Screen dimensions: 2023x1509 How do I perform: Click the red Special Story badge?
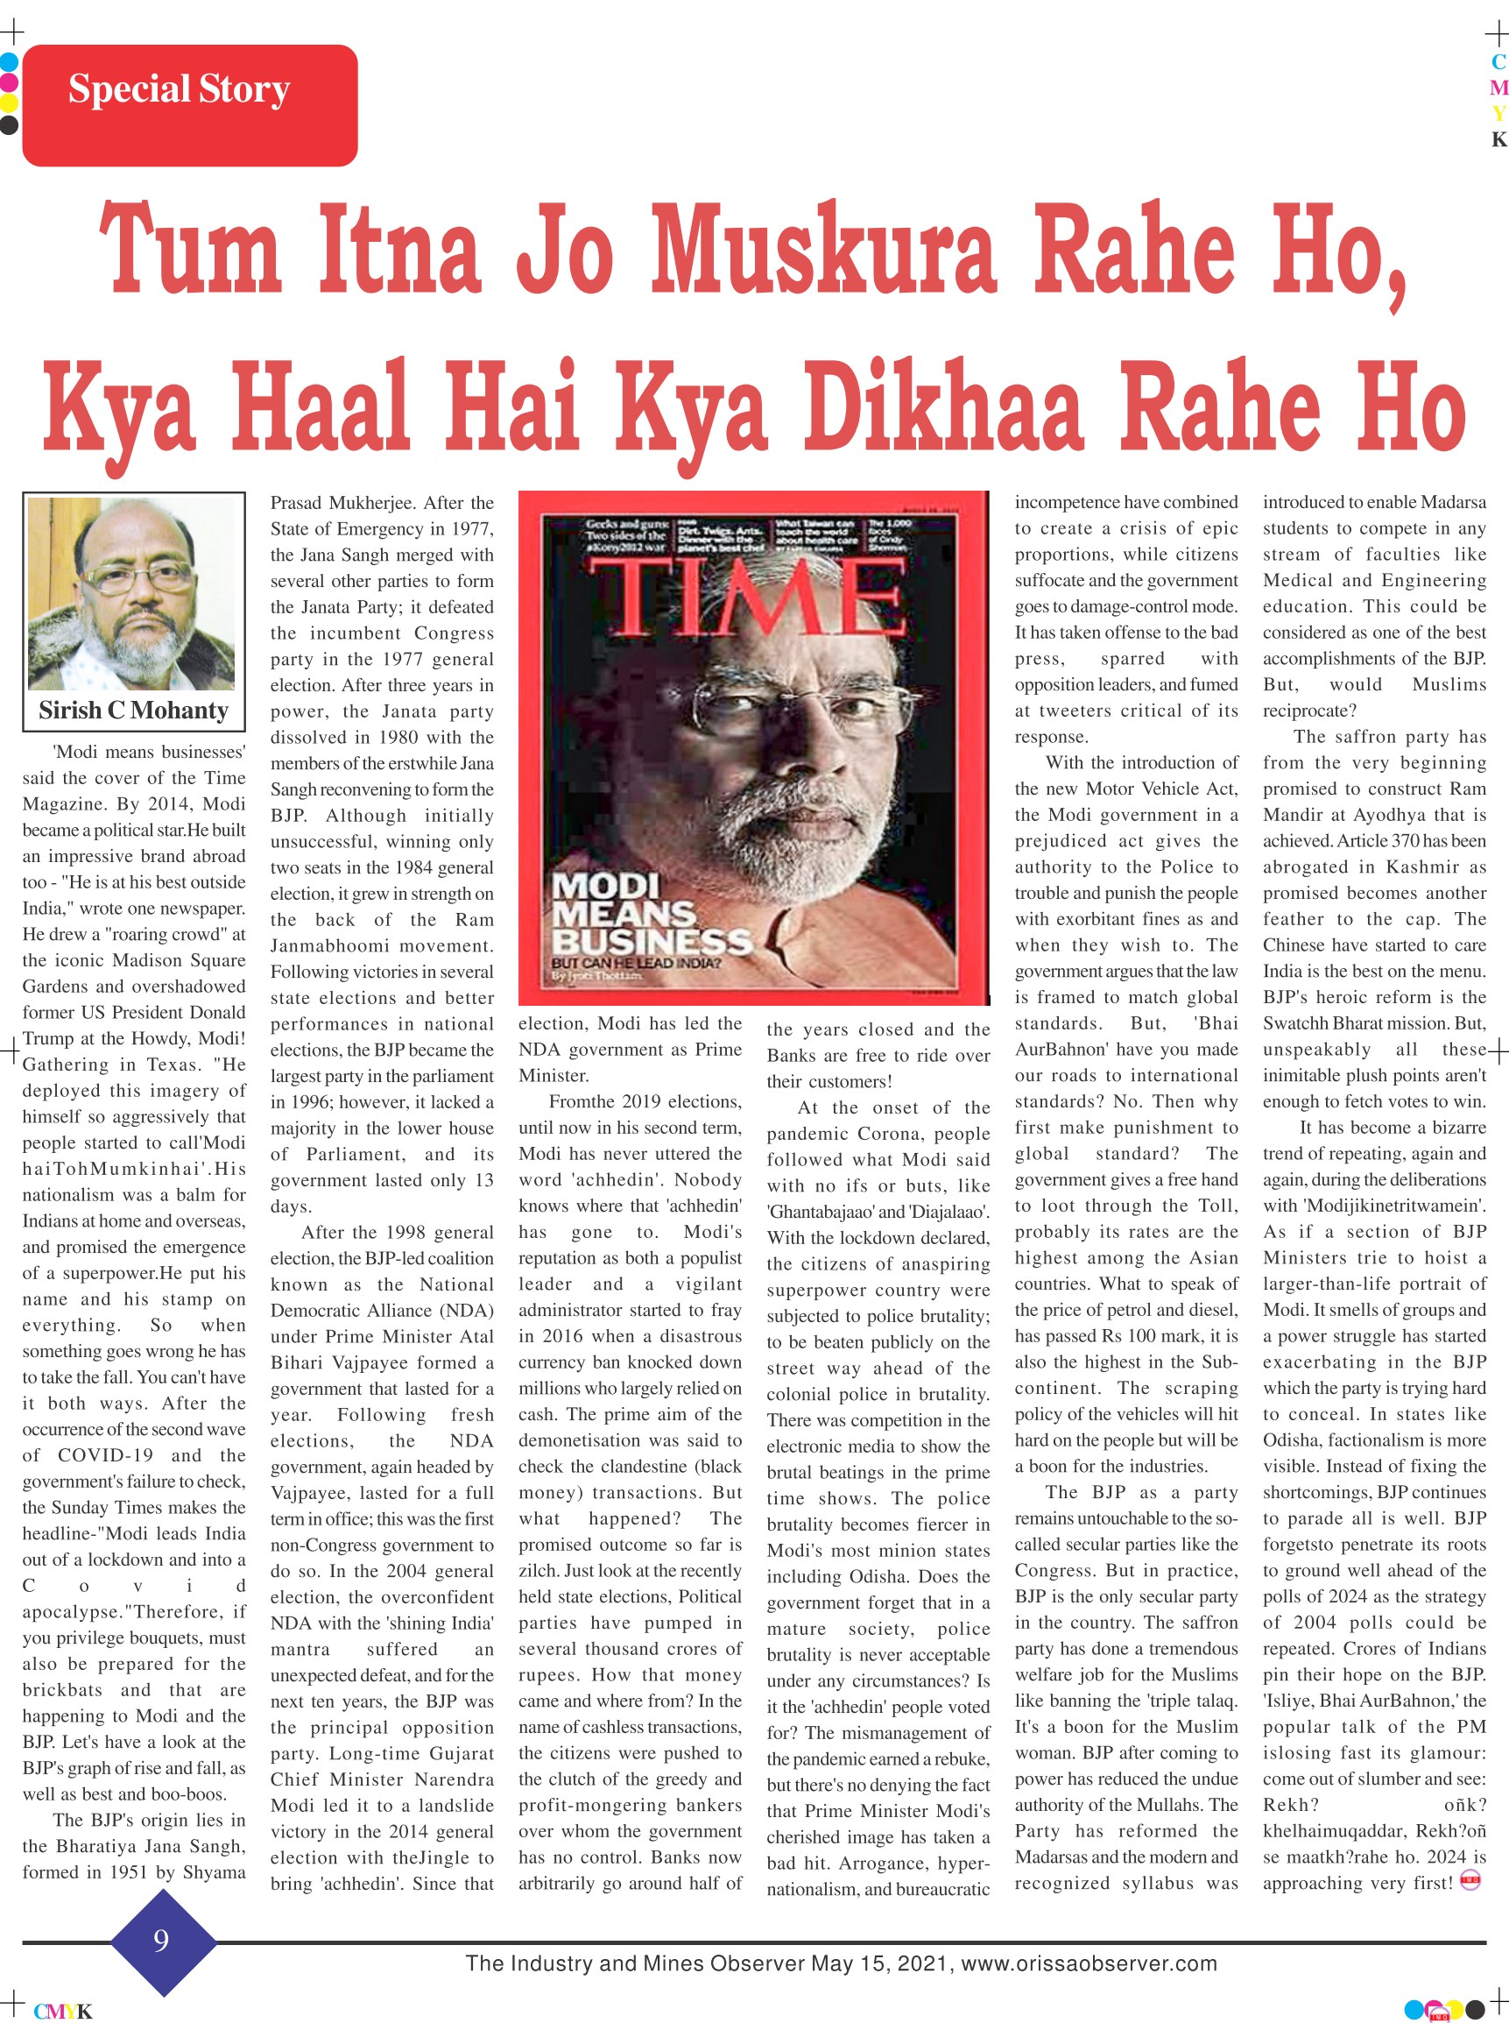[x=189, y=104]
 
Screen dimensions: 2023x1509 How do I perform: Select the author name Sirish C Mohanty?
[x=133, y=710]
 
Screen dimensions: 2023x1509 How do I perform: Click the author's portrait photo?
[x=133, y=593]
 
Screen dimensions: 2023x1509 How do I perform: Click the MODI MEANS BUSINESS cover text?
[x=649, y=915]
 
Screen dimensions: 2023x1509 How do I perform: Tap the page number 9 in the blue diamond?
[x=161, y=1940]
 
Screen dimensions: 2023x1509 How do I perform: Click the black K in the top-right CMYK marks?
[x=1498, y=140]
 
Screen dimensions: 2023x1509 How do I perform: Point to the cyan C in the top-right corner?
[x=1498, y=62]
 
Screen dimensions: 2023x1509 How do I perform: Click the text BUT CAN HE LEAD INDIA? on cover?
[x=636, y=963]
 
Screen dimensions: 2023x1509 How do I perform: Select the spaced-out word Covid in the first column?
[x=133, y=1585]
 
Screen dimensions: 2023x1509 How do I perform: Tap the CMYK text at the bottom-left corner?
[x=63, y=2010]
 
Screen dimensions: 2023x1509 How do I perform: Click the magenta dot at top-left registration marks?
[x=9, y=82]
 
